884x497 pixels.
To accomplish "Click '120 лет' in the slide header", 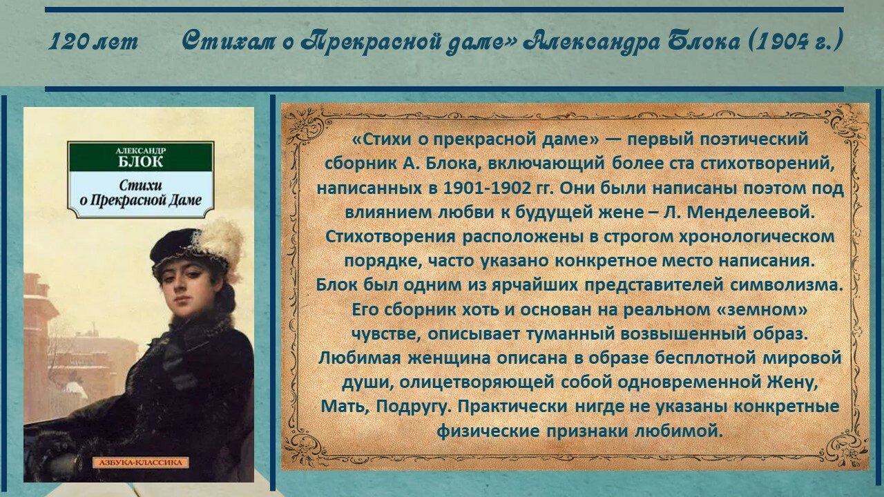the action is pyautogui.click(x=93, y=42).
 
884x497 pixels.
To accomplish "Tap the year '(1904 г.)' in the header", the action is pyautogui.click(x=795, y=41).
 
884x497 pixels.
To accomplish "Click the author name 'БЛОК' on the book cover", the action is pyautogui.click(x=140, y=162).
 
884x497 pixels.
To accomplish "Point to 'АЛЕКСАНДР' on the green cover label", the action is pyautogui.click(x=141, y=150).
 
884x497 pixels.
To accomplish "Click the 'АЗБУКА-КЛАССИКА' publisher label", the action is pyautogui.click(x=141, y=462).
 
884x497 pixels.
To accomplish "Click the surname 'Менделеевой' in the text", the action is pyautogui.click(x=750, y=213).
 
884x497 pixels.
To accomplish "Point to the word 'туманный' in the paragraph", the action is pyautogui.click(x=571, y=334).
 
